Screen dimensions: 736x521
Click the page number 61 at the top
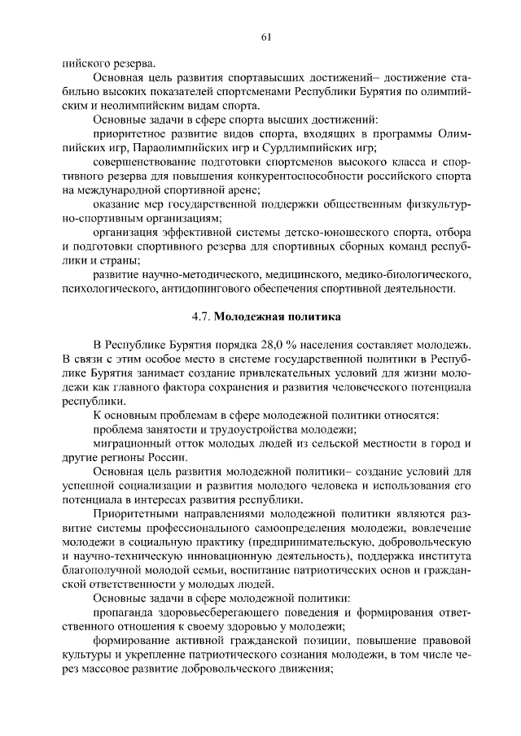click(x=266, y=36)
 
